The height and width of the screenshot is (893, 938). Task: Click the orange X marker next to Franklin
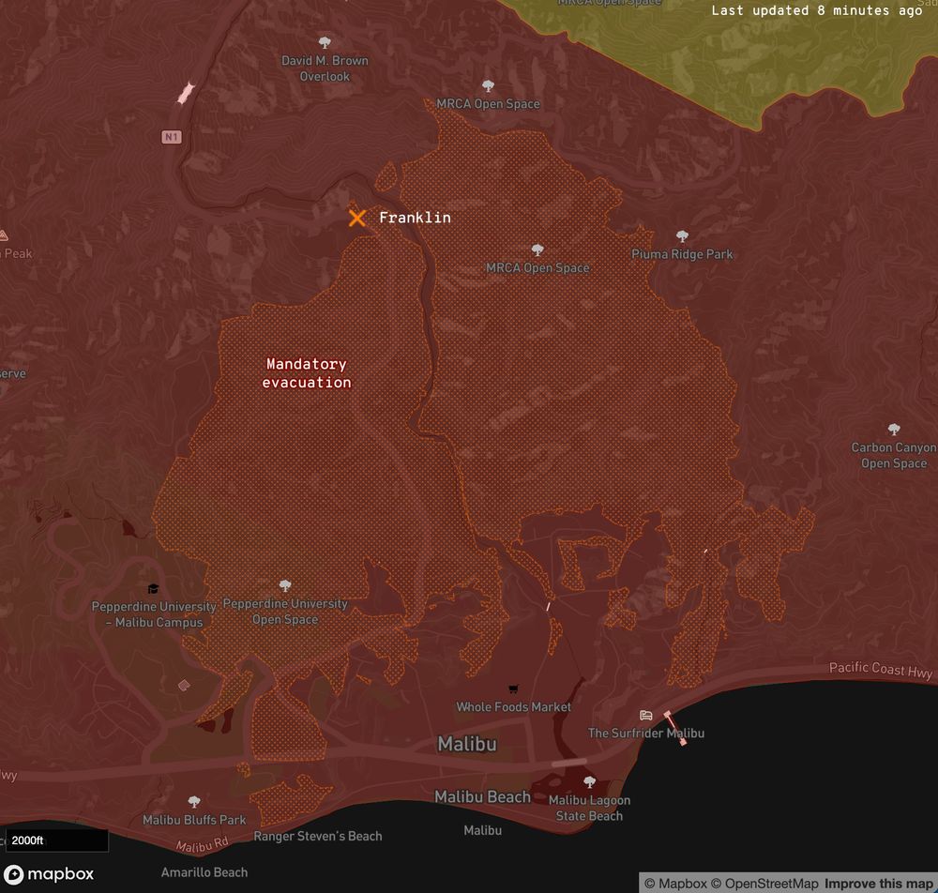356,218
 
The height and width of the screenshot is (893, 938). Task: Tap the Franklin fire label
415,218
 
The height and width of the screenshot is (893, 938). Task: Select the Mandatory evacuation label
307,373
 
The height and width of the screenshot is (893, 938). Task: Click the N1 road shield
170,138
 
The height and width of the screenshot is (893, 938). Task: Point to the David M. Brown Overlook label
325,68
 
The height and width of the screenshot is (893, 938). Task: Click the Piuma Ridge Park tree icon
682,236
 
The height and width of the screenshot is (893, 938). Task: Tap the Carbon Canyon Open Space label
893,455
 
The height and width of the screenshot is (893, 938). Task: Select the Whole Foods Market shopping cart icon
513,689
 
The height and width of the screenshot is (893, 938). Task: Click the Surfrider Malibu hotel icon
646,716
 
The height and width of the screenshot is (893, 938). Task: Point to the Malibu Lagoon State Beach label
589,808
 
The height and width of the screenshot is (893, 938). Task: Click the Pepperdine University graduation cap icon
154,589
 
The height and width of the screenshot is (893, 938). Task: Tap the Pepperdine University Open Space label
285,612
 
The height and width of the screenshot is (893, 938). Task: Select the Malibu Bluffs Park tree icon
194,802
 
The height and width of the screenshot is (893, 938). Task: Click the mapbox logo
49,874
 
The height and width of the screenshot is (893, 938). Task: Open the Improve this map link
879,884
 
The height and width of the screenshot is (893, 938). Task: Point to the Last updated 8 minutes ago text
816,10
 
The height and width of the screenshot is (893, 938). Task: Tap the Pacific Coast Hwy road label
880,670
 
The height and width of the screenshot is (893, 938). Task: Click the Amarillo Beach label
204,872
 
